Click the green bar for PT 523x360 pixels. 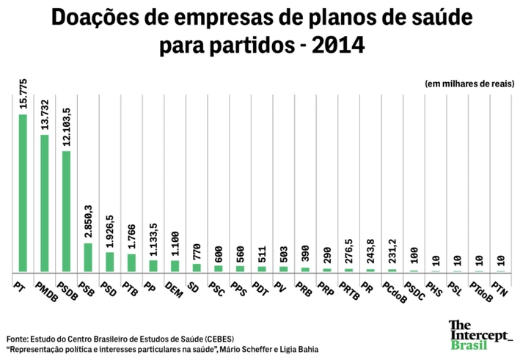click(x=23, y=193)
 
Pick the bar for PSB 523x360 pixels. click(x=88, y=257)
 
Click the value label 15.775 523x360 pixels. click(x=23, y=94)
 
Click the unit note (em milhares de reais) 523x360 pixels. click(x=469, y=84)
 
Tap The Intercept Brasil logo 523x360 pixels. click(x=480, y=334)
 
